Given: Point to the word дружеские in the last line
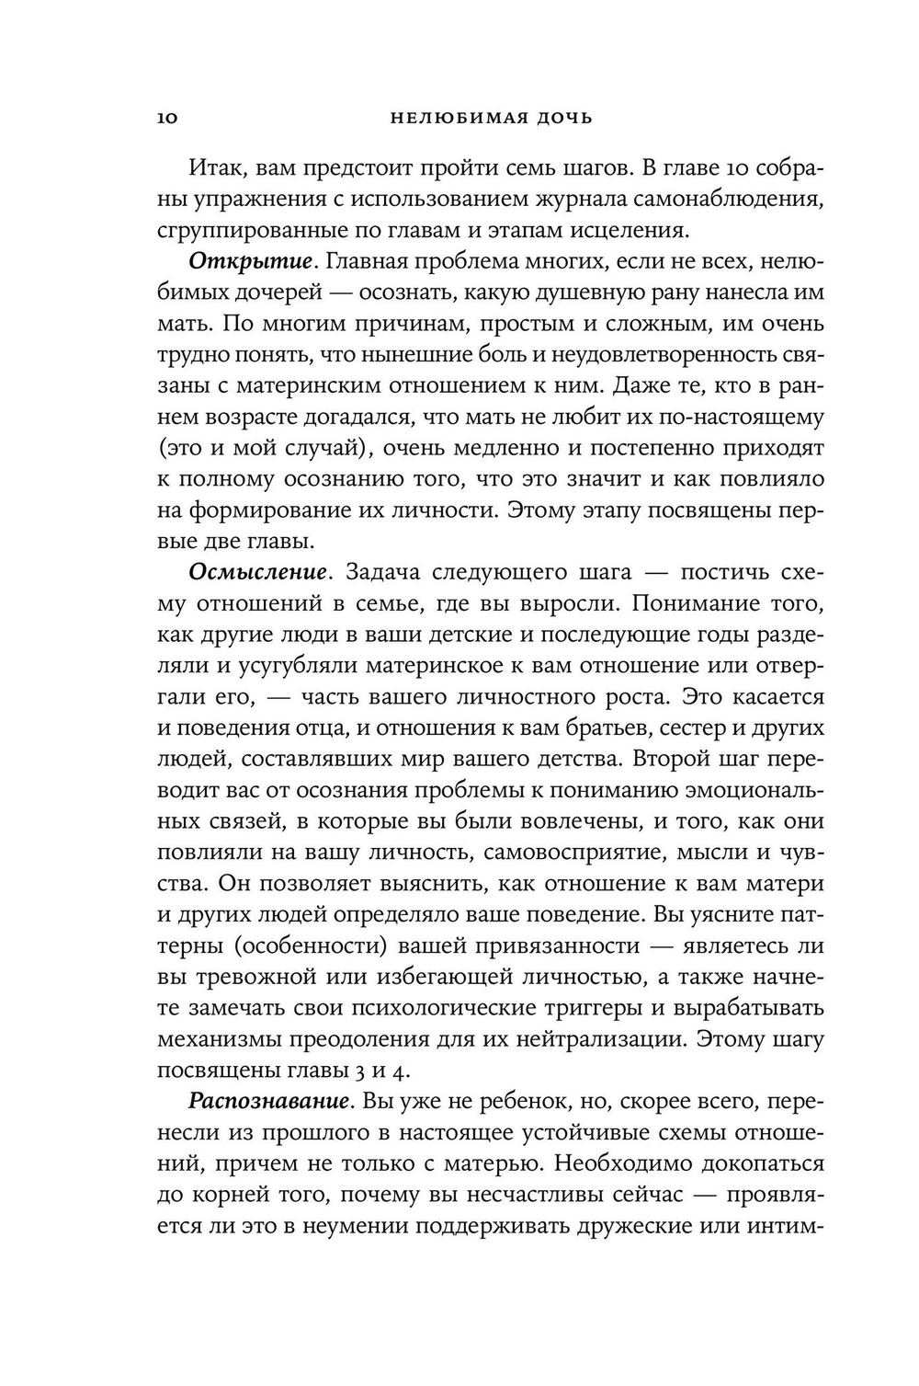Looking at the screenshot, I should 660,1225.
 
